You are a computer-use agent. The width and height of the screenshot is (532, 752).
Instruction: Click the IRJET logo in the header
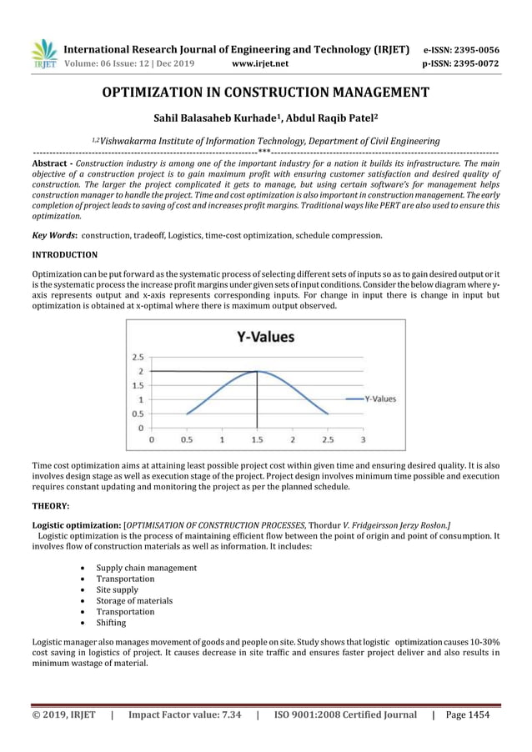(44, 53)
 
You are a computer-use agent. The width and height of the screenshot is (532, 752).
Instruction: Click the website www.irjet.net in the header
(262, 63)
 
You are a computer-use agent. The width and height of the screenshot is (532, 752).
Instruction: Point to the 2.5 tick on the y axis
(135, 356)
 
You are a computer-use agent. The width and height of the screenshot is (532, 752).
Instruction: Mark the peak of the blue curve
(257, 371)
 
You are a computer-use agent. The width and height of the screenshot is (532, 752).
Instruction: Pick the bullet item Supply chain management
(147, 568)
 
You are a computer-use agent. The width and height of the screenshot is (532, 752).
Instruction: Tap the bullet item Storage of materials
(134, 600)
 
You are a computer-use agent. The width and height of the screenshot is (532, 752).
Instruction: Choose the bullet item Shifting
(111, 623)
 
